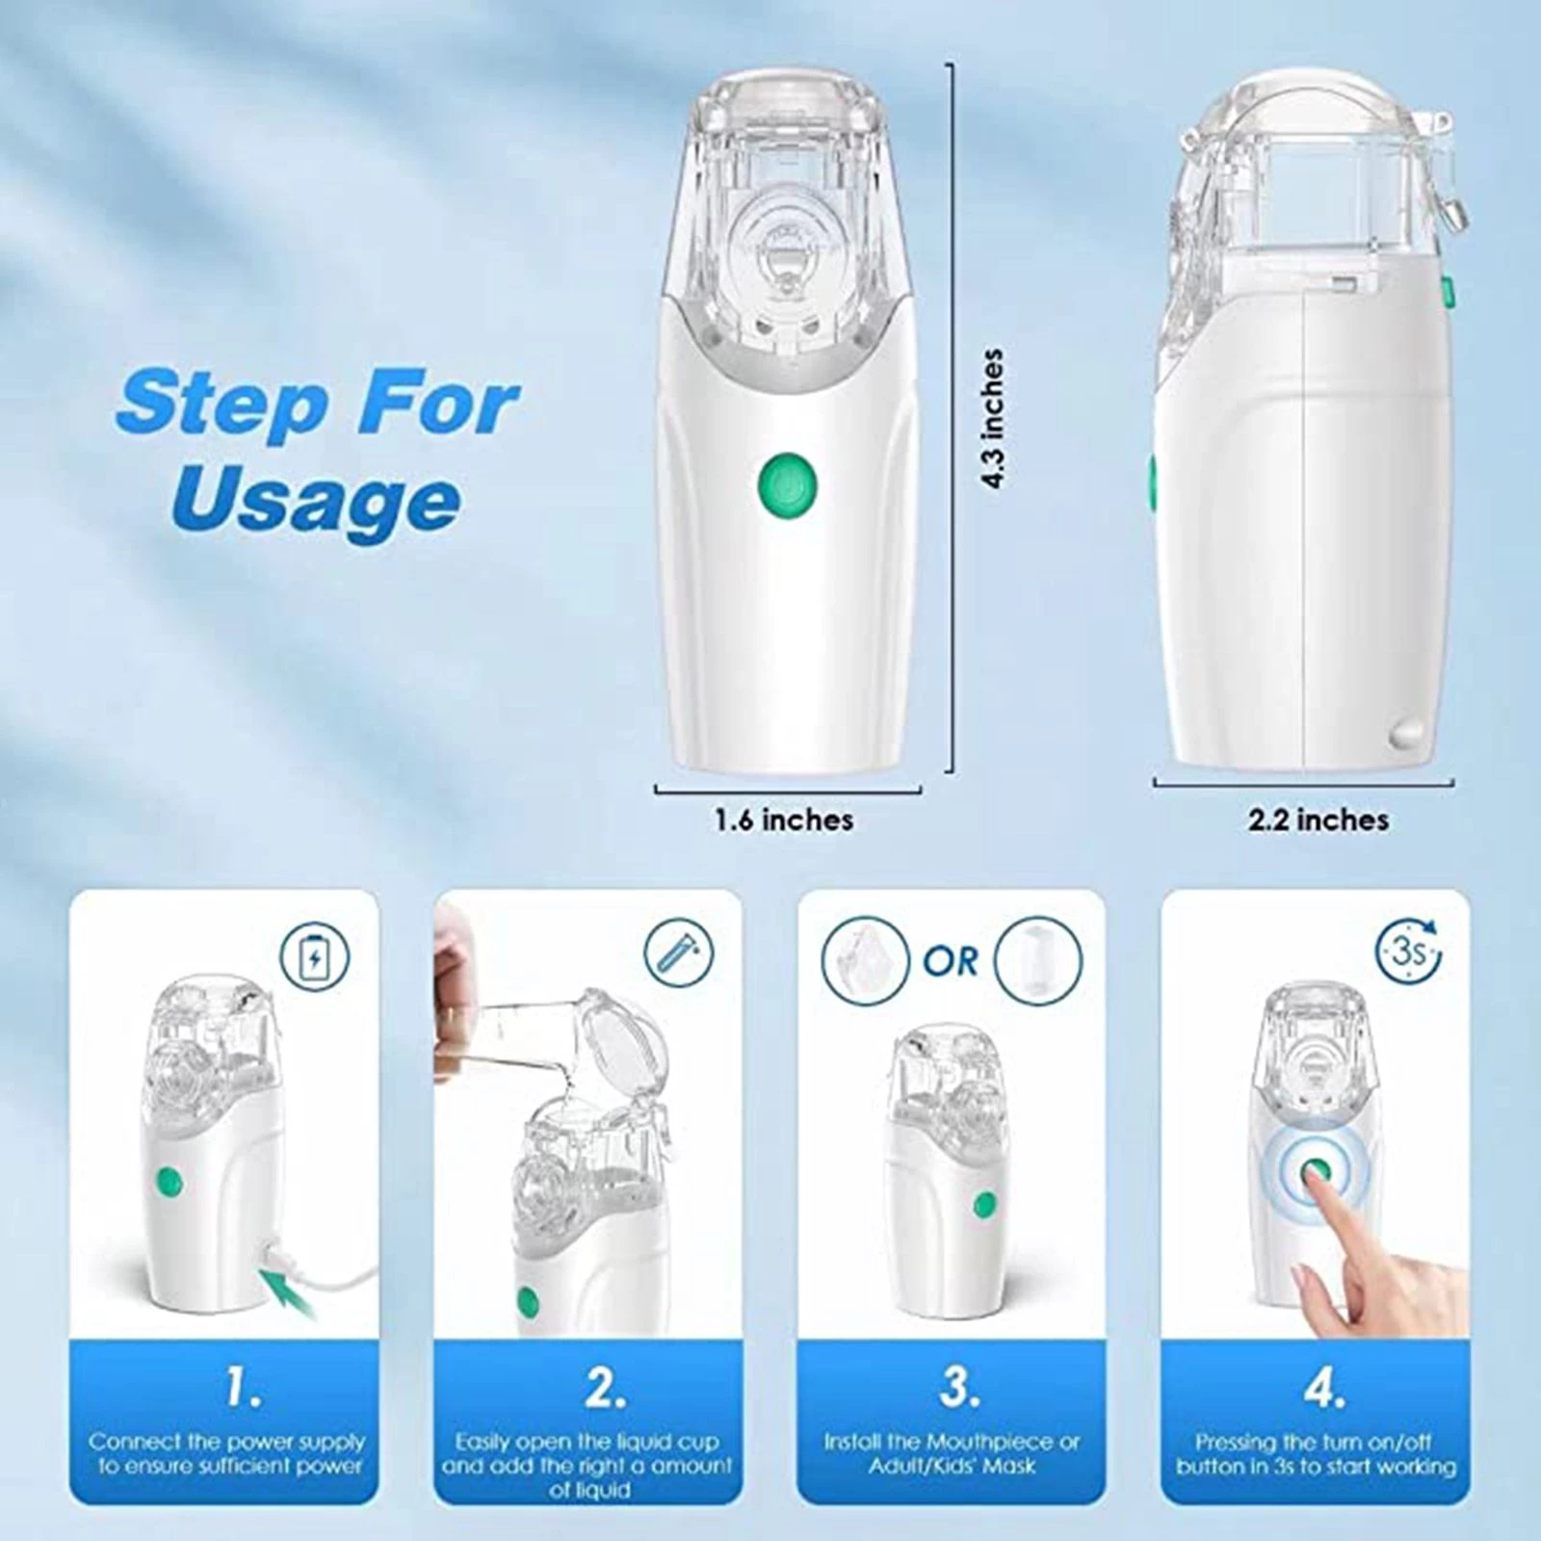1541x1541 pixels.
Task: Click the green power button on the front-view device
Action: click(787, 480)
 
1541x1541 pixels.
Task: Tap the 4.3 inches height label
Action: click(992, 419)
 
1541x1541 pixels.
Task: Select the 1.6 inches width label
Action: click(784, 820)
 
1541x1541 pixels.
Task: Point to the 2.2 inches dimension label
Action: click(1319, 820)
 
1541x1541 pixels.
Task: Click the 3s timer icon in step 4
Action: click(1408, 953)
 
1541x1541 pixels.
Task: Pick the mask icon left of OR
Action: click(864, 959)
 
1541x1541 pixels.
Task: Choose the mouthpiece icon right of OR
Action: click(1038, 960)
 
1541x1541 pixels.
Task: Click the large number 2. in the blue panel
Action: click(605, 1388)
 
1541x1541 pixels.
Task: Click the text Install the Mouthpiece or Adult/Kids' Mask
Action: click(951, 1454)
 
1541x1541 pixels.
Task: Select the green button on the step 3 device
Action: click(983, 1204)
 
